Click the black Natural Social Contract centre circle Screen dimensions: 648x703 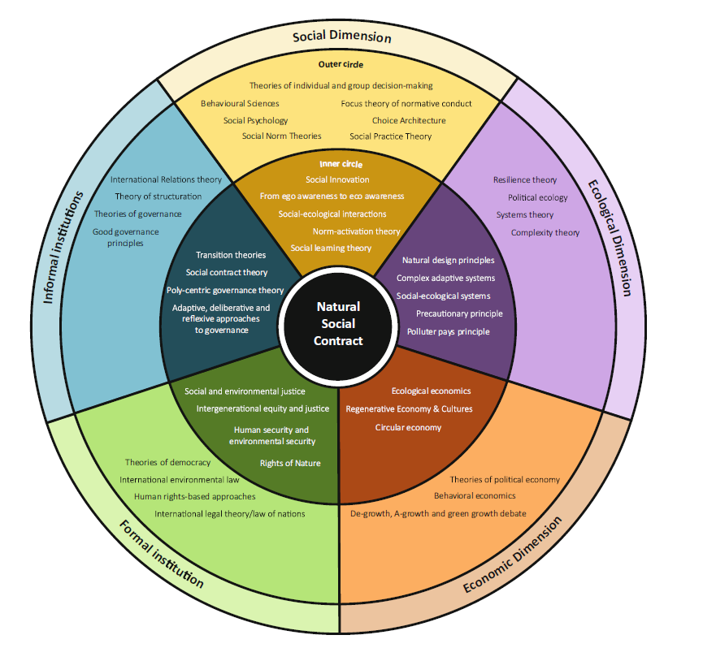coord(338,323)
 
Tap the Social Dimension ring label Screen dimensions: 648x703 coord(341,37)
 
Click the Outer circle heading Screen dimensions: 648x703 coord(341,65)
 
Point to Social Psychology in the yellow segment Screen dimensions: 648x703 coord(255,120)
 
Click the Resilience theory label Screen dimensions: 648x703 coord(525,180)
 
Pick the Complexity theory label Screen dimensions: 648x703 coord(545,233)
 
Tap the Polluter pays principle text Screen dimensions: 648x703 coord(448,331)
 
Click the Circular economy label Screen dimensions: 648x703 coord(408,427)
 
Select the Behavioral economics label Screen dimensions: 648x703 coord(475,495)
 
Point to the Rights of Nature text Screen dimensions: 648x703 coord(290,463)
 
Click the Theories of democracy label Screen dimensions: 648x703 coord(167,462)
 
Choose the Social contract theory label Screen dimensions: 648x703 coord(226,273)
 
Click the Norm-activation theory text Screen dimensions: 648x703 coord(356,231)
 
